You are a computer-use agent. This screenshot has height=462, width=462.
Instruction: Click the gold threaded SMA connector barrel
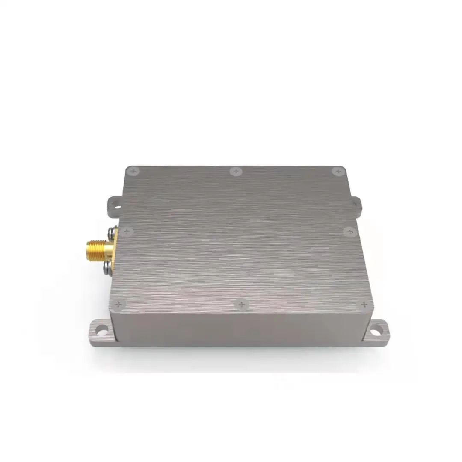point(97,249)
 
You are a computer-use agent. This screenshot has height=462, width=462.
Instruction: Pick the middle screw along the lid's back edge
point(236,172)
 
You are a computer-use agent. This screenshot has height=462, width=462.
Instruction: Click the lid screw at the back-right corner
point(338,172)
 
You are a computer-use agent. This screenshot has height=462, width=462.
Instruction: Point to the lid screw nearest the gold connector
point(126,232)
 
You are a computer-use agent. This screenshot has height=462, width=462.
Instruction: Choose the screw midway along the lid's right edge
point(350,232)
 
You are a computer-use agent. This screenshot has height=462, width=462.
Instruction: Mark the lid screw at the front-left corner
point(118,305)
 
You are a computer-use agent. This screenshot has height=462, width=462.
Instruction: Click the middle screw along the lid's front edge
point(242,305)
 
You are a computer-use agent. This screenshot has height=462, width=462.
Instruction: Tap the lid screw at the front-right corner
point(364,305)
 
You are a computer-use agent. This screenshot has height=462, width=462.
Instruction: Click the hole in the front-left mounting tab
point(101,330)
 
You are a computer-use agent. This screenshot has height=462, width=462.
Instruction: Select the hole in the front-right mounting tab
point(376,331)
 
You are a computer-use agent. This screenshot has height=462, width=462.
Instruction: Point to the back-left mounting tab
point(115,204)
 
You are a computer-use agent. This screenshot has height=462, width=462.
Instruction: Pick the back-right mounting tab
point(357,204)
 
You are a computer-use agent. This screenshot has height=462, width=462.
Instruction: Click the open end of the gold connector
point(88,250)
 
